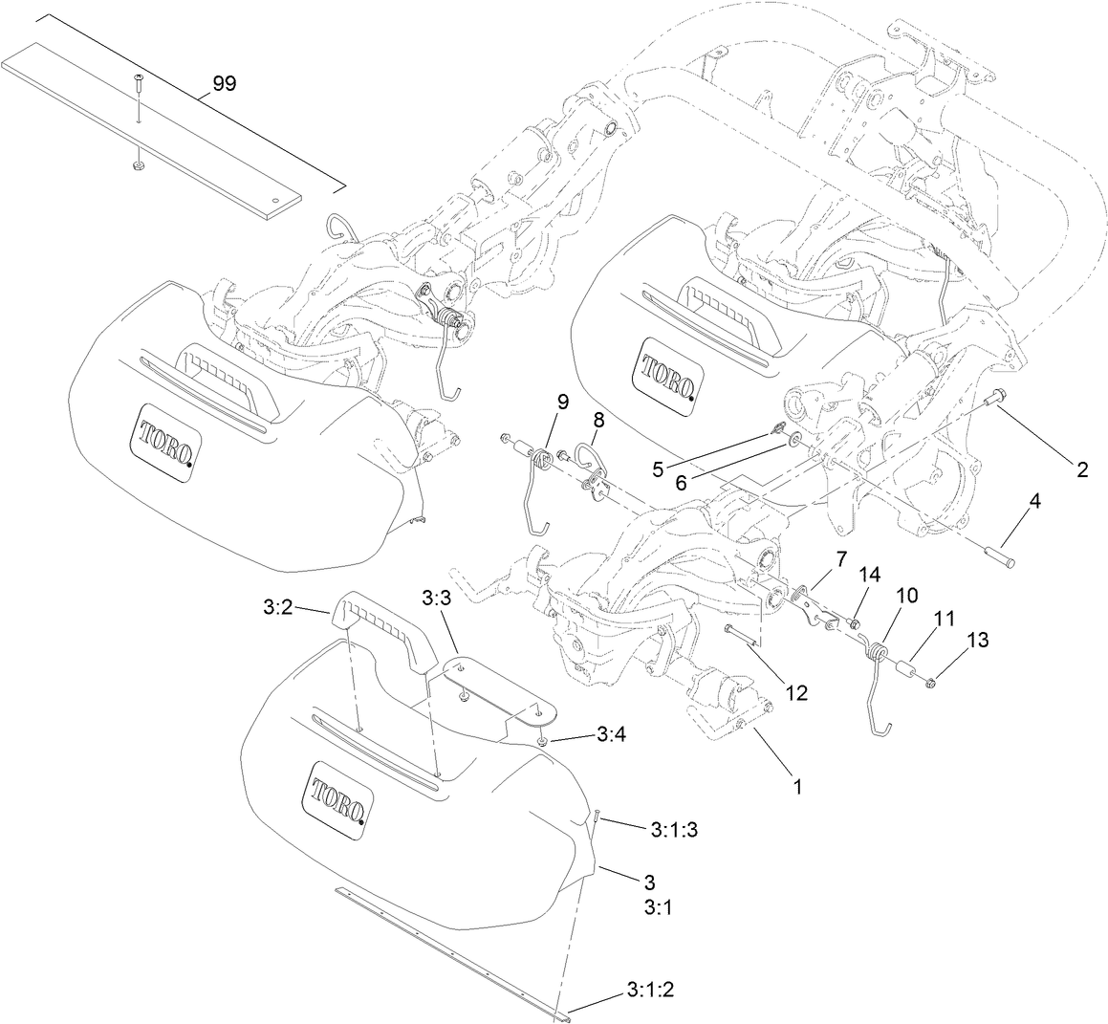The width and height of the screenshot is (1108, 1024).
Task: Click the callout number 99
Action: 224,84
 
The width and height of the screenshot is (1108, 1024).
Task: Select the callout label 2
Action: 1081,469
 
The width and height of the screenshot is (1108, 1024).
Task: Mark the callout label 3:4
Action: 611,734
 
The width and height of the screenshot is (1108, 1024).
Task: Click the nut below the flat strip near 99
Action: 137,166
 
